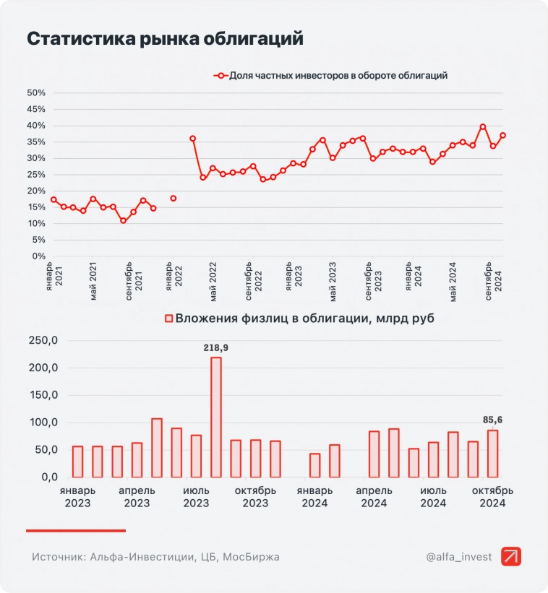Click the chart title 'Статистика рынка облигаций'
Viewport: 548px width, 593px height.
click(x=165, y=39)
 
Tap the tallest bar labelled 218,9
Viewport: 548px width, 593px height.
click(x=215, y=417)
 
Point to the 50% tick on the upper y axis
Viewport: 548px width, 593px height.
click(x=36, y=92)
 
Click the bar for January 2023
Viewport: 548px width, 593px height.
click(x=78, y=462)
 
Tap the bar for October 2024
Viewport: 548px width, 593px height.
click(x=492, y=454)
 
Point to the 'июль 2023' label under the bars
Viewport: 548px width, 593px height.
click(x=196, y=496)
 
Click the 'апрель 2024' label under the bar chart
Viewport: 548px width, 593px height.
click(x=374, y=496)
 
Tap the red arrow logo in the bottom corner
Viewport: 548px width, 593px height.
click(x=511, y=557)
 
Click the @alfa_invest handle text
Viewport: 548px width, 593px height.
click(x=458, y=557)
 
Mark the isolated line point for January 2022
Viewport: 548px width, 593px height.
click(x=174, y=198)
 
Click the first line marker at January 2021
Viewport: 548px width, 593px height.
click(x=53, y=199)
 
